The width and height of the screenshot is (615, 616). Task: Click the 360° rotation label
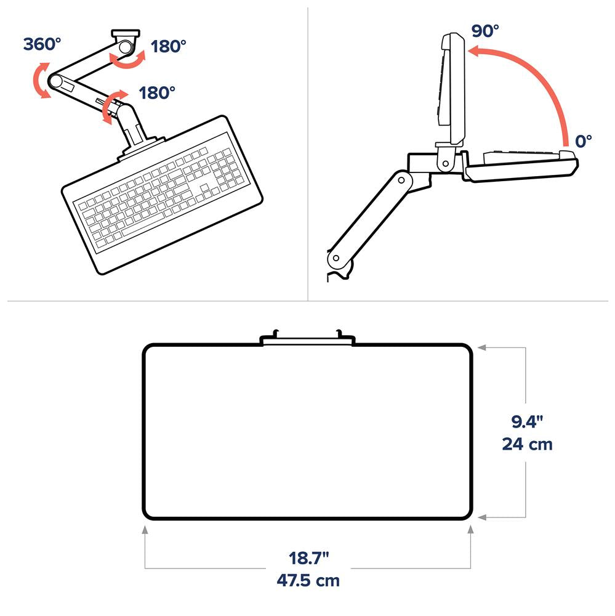[42, 44]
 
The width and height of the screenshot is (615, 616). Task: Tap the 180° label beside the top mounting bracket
[167, 47]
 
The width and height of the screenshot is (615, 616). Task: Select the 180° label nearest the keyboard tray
[157, 93]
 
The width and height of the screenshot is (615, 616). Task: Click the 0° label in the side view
[583, 140]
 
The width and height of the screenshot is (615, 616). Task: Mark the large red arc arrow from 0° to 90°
[542, 80]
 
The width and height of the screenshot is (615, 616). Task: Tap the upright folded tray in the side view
[452, 89]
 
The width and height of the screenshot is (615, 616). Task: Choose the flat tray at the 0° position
[523, 165]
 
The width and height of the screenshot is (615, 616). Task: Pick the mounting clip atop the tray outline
[307, 338]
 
